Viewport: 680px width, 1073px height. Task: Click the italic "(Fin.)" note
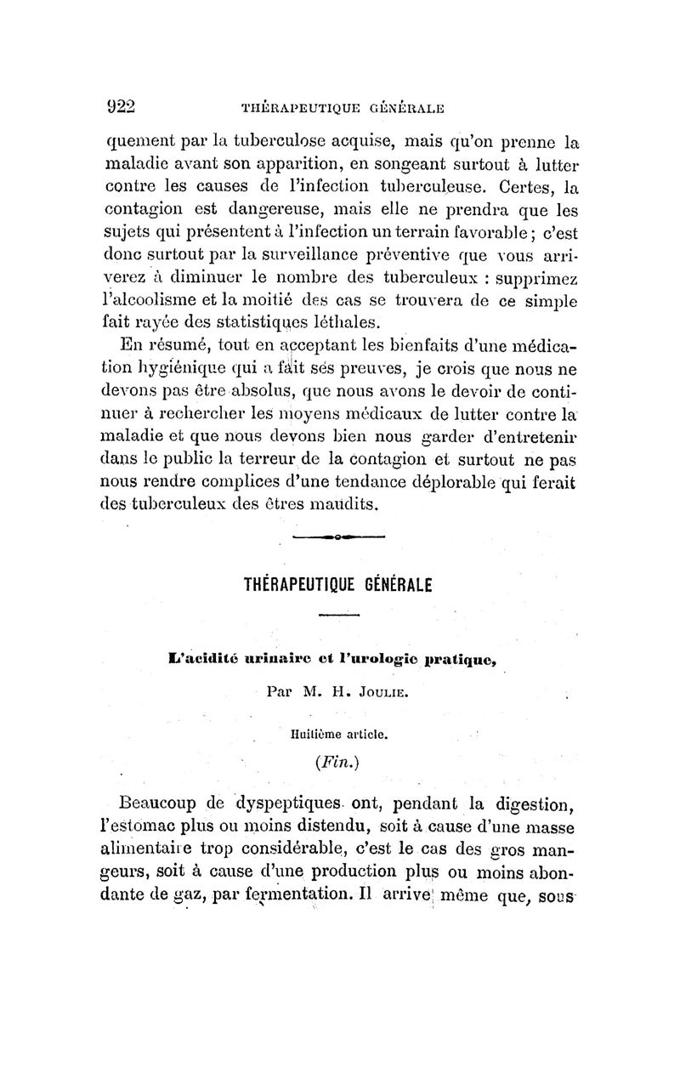(x=338, y=760)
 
